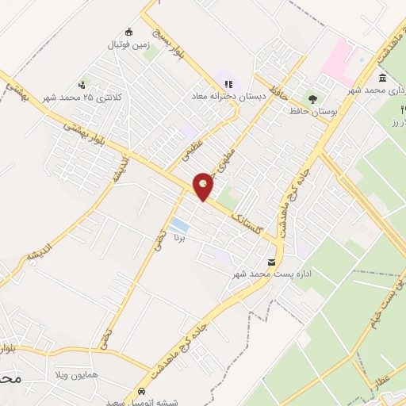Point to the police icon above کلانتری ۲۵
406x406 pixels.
pyautogui.click(x=82, y=84)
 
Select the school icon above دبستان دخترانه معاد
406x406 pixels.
pyautogui.click(x=228, y=83)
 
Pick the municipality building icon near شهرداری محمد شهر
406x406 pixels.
pyautogui.click(x=383, y=78)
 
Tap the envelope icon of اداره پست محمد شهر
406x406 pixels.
pyautogui.click(x=272, y=262)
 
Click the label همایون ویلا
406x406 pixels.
pyautogui.click(x=77, y=373)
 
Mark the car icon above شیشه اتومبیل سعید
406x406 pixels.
pyautogui.click(x=141, y=392)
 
